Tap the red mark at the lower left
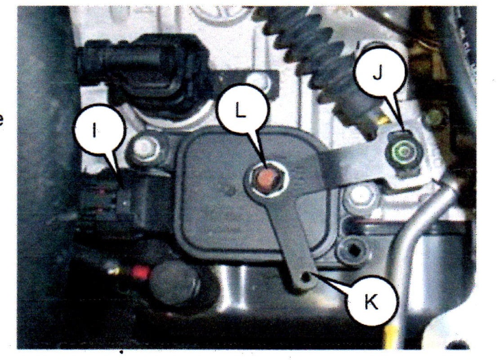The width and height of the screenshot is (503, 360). [x=140, y=272]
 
